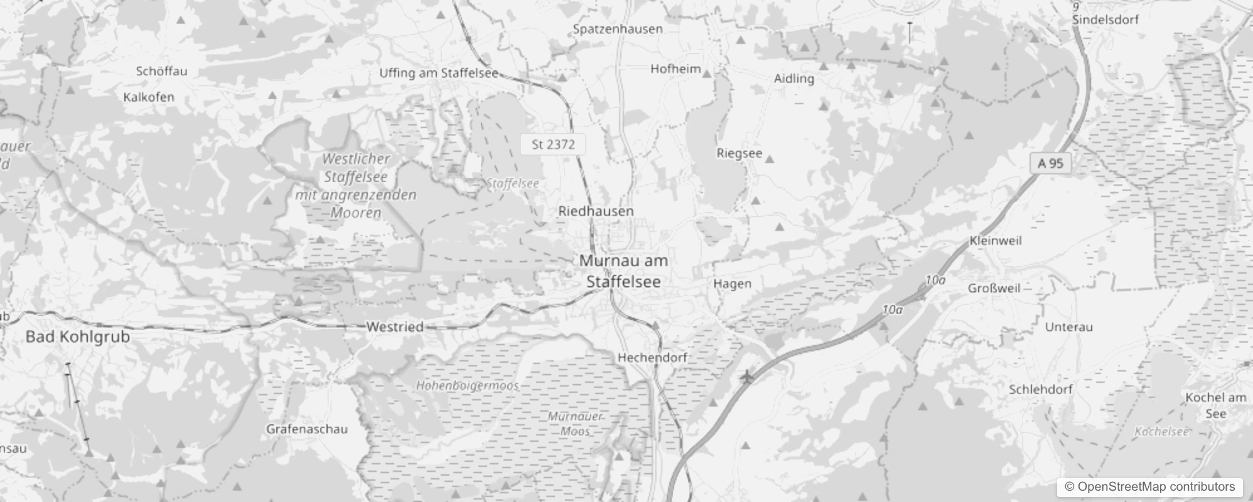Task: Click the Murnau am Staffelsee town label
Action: pyautogui.click(x=623, y=271)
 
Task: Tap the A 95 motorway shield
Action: pyautogui.click(x=1050, y=164)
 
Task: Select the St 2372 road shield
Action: pyautogui.click(x=553, y=144)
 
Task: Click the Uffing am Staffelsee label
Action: pyautogui.click(x=438, y=73)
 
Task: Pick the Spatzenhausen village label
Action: pyautogui.click(x=618, y=29)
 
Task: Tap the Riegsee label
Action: pyautogui.click(x=739, y=153)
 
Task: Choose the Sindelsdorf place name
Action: pyautogui.click(x=1105, y=19)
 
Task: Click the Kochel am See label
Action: pyautogui.click(x=1215, y=405)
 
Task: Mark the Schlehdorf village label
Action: pyautogui.click(x=1040, y=389)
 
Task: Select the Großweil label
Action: pyautogui.click(x=994, y=288)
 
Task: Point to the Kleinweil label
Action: pyautogui.click(x=996, y=240)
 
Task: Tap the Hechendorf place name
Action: pyautogui.click(x=652, y=358)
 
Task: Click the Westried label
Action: pyautogui.click(x=394, y=327)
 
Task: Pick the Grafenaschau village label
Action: pyautogui.click(x=307, y=429)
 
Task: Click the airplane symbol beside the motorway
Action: pyautogui.click(x=746, y=377)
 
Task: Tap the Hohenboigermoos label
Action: pyautogui.click(x=467, y=385)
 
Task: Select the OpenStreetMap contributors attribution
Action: pyautogui.click(x=1149, y=487)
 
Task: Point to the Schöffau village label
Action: pyautogui.click(x=161, y=71)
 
